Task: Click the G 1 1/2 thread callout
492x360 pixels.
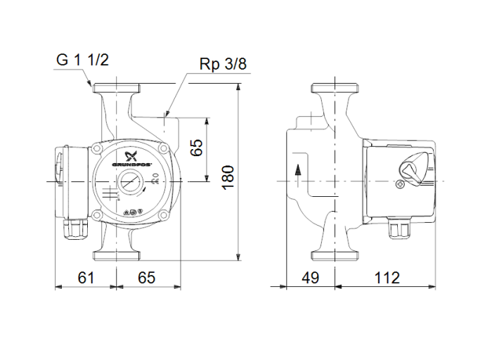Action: click(82, 60)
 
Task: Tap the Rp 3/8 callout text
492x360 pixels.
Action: click(223, 65)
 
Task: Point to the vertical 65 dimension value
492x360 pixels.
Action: click(198, 147)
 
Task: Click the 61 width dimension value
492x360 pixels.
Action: click(85, 278)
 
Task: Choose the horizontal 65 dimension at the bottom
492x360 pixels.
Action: click(146, 278)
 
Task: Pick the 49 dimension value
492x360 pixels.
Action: click(311, 278)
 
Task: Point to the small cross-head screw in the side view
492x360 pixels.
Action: click(401, 186)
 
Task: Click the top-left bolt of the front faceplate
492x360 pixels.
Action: click(96, 148)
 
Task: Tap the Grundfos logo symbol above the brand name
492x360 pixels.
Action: click(129, 155)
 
